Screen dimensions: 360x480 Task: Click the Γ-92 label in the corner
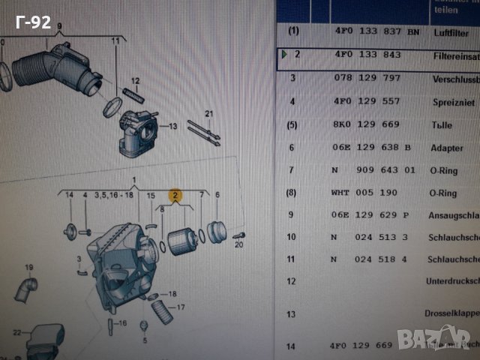click(x=32, y=22)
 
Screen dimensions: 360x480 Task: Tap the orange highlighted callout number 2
click(x=175, y=196)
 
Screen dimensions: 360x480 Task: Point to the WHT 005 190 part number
click(x=364, y=193)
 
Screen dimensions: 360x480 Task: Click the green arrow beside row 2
click(x=283, y=54)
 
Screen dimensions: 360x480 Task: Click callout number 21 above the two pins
click(x=210, y=113)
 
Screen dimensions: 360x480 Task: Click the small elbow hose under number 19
click(x=28, y=289)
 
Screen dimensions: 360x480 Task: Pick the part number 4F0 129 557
click(x=367, y=101)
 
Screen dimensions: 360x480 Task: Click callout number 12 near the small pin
click(x=136, y=80)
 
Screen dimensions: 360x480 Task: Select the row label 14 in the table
click(x=292, y=346)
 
